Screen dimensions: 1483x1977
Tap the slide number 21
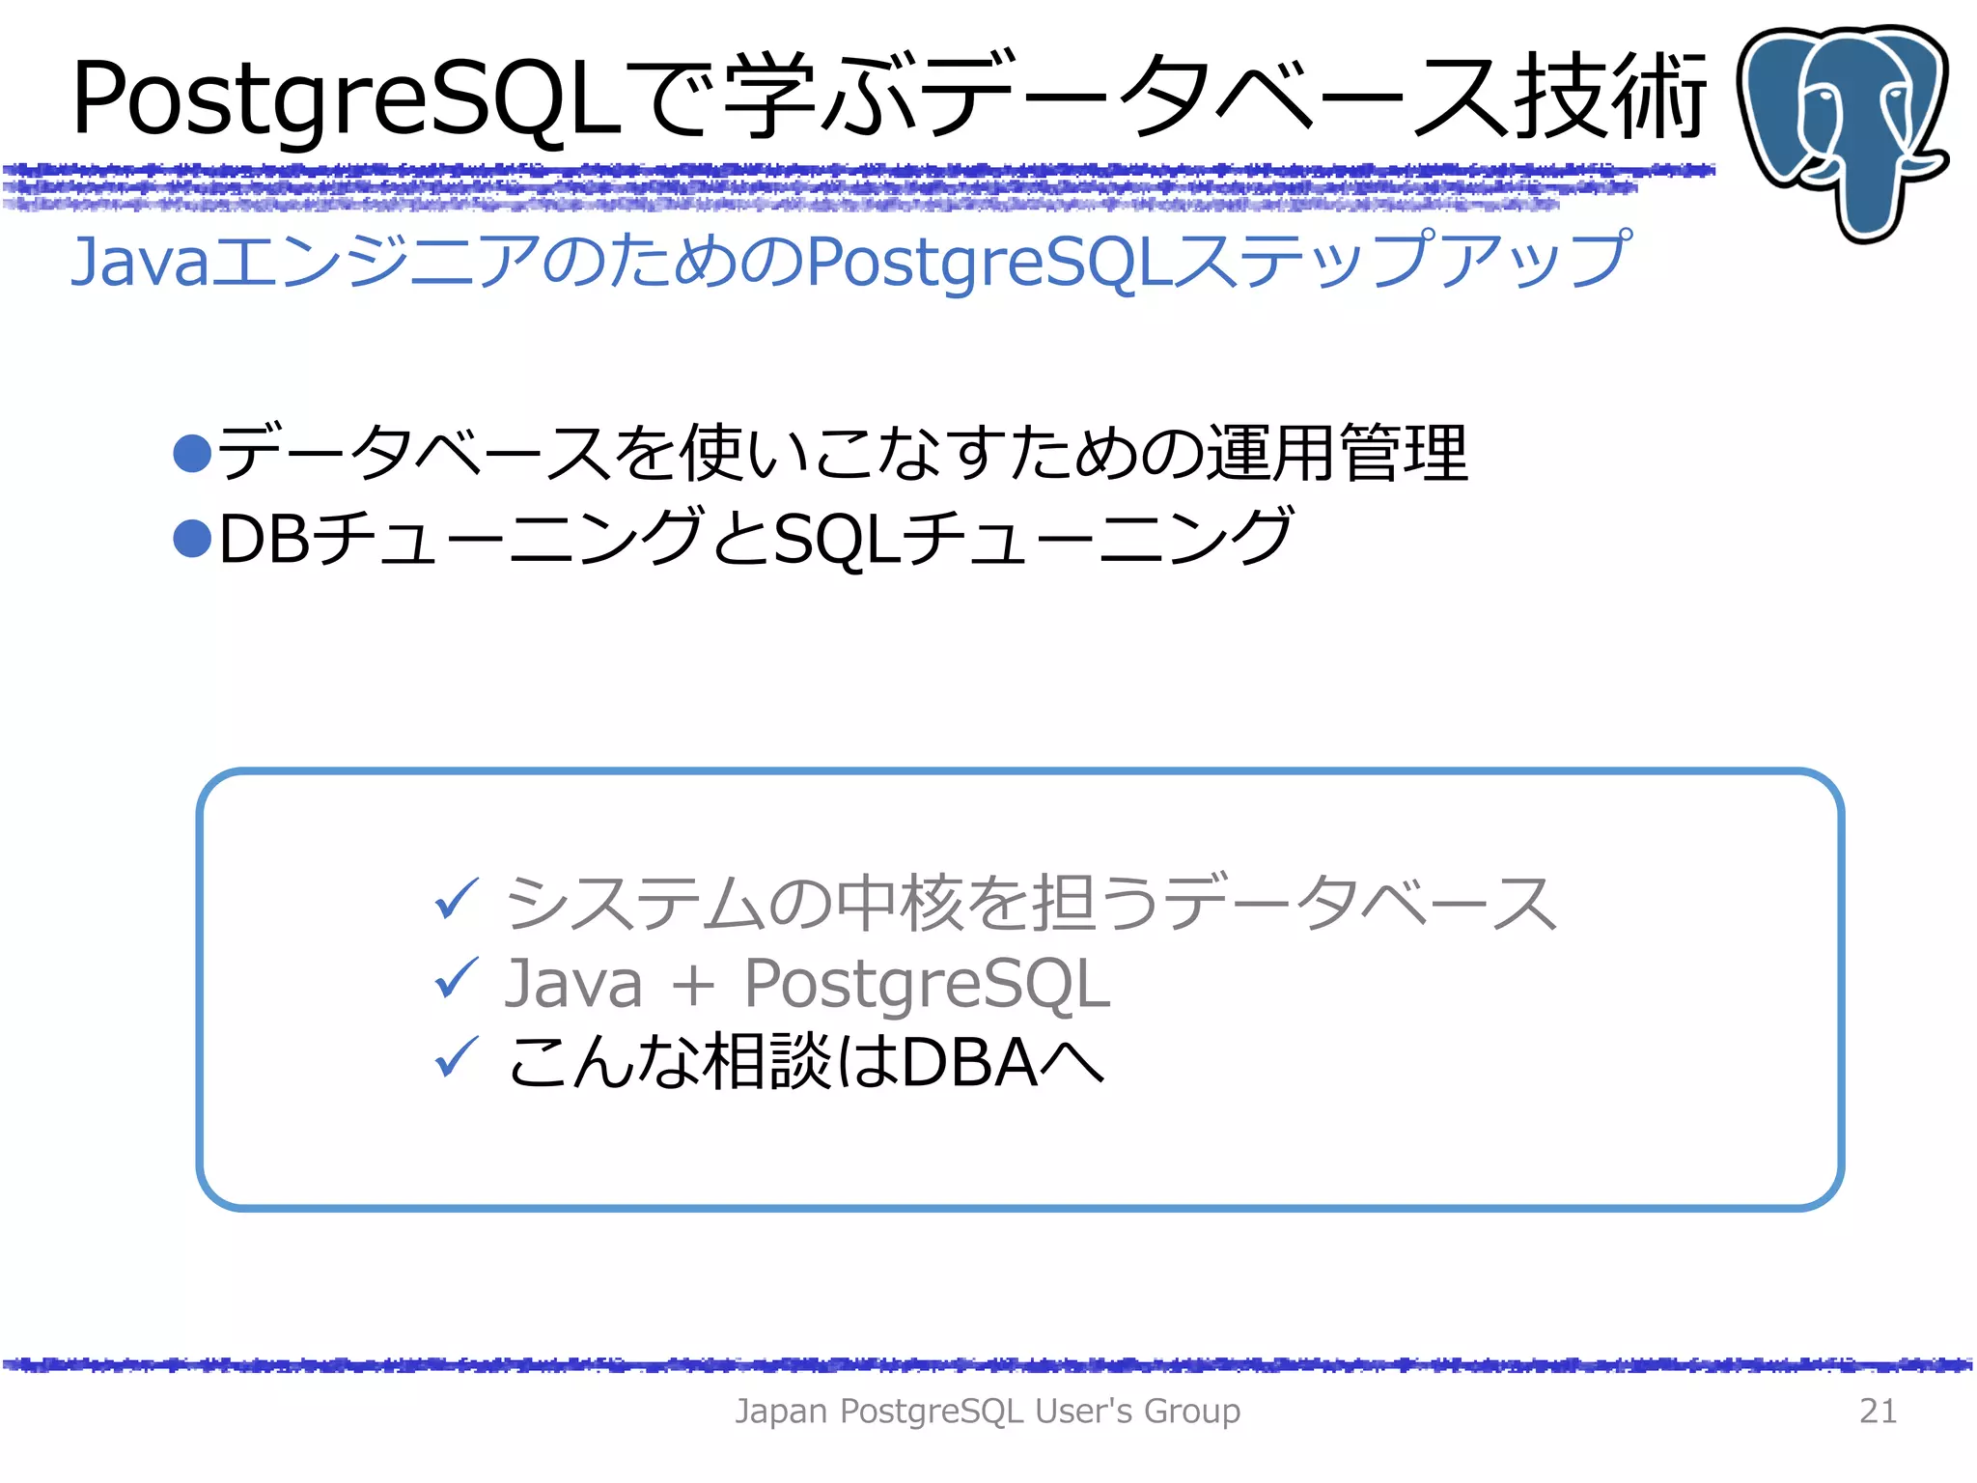pyautogui.click(x=1878, y=1411)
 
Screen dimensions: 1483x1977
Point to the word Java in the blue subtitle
pyautogui.click(x=140, y=261)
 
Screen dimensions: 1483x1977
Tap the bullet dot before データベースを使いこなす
pyautogui.click(x=192, y=453)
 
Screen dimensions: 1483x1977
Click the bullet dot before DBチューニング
pyautogui.click(x=192, y=538)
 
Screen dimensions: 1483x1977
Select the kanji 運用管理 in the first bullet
pyautogui.click(x=1337, y=453)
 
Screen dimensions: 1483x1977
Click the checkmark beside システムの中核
pyautogui.click(x=456, y=900)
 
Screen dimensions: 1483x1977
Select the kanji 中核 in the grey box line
pyautogui.click(x=898, y=903)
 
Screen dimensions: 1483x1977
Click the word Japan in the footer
pyautogui.click(x=781, y=1411)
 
